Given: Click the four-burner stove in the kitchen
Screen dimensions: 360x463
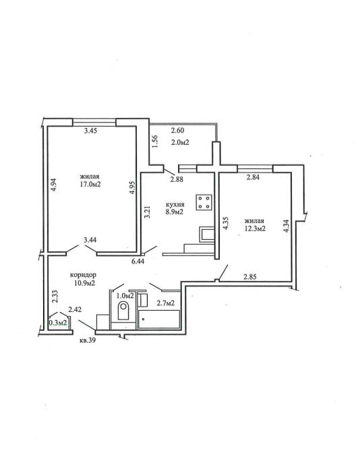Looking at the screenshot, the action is tap(204, 202).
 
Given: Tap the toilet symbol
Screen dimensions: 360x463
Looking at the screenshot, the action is tap(123, 310).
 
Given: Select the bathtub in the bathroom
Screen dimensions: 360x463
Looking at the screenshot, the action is tap(159, 319).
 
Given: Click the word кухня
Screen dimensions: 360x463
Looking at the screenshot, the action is tap(175, 205).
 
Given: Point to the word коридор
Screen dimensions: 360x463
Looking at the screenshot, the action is tap(83, 275).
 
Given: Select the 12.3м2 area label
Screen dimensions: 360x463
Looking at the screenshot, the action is tap(254, 228).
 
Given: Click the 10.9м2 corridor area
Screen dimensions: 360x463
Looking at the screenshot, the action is tap(84, 283).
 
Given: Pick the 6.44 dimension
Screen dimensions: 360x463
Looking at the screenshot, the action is tap(138, 261).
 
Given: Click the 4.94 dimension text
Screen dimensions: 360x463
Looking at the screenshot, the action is tap(54, 185).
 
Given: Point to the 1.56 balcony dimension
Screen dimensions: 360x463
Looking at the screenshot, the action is tap(155, 142).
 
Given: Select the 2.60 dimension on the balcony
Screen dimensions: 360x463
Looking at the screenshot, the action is tap(178, 130).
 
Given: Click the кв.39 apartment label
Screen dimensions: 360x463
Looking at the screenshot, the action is tap(88, 340).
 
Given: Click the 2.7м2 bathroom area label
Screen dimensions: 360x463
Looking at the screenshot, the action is tap(164, 303).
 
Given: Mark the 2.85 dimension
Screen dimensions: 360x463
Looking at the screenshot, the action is tap(250, 277).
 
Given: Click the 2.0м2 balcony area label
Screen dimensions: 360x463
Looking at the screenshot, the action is tap(180, 142).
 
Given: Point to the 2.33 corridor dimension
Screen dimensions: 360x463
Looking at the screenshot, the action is tap(55, 297).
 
